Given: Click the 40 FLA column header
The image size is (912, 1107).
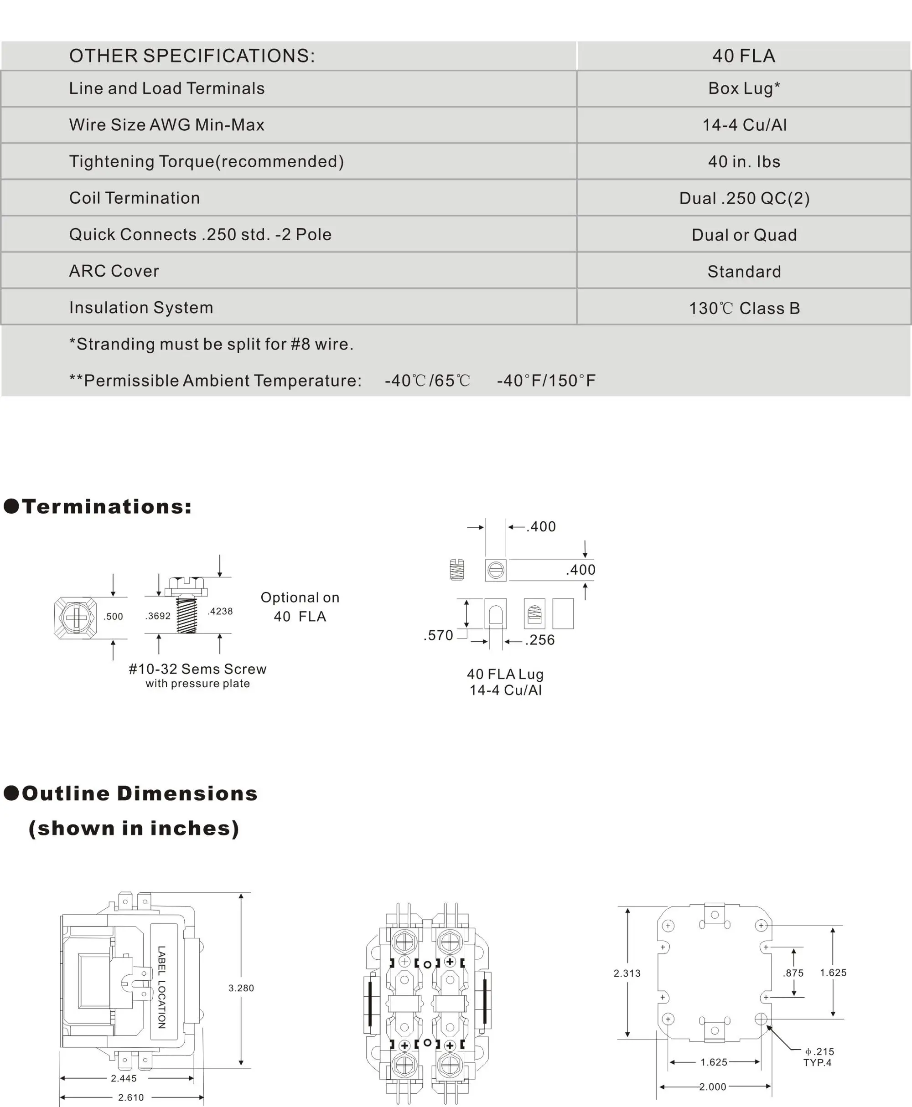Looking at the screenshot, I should coord(743,56).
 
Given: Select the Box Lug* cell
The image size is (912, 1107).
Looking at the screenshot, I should coord(744,88).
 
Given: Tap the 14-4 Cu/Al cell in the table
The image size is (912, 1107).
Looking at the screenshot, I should coord(744,125).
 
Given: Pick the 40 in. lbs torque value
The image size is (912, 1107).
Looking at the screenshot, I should coord(744,162).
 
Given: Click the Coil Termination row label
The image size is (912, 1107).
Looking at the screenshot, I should coord(135,198).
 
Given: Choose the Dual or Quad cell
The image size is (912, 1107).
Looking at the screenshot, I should coord(744,235).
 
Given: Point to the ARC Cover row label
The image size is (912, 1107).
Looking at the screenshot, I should coord(114,271).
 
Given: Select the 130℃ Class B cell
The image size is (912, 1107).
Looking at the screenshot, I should coord(744,308).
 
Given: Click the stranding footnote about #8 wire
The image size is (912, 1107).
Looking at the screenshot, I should coord(211,344).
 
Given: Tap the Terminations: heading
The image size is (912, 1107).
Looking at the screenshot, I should coord(107,506).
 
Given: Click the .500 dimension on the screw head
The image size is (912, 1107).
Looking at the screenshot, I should coord(113,617).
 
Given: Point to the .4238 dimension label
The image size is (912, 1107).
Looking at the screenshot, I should coord(220,611).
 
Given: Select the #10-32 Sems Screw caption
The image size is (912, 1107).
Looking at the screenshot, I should coord(197,669).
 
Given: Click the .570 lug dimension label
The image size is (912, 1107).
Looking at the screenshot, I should coord(438,635).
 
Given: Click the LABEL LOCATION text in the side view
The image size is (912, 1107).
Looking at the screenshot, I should coord(162,987).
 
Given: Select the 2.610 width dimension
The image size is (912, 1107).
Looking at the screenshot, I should coord(131,1097).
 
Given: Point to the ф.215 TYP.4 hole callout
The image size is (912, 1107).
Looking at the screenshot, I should coord(819,1056).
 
